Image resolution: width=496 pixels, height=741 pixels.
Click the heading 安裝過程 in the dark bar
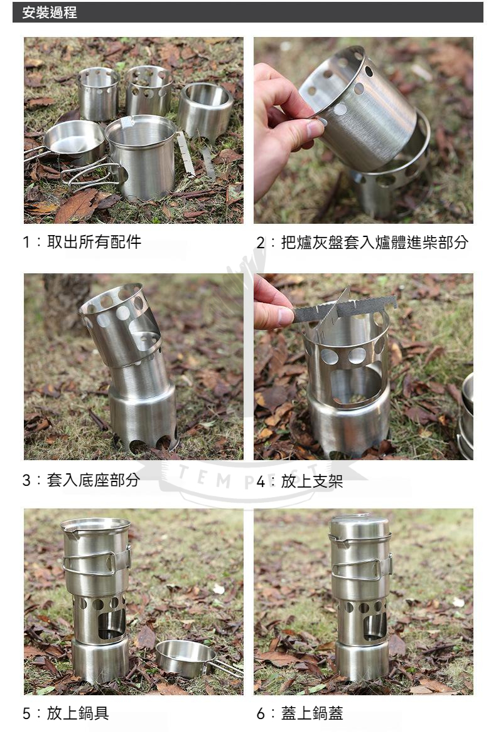[x=49, y=13]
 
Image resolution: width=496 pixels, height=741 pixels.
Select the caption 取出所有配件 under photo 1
[x=94, y=242]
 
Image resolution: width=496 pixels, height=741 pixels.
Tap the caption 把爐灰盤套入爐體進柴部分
[x=374, y=243]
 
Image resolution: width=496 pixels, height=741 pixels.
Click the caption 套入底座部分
[x=94, y=480]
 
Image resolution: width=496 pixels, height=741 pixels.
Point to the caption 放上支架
[x=312, y=481]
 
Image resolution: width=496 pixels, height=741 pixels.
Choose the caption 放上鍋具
[x=78, y=713]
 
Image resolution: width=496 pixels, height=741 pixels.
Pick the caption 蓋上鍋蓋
[x=312, y=713]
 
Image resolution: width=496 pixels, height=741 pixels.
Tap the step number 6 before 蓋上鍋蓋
[x=261, y=713]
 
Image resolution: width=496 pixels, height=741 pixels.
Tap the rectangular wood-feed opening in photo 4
[x=355, y=386]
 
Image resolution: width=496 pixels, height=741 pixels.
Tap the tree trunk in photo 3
[x=64, y=302]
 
